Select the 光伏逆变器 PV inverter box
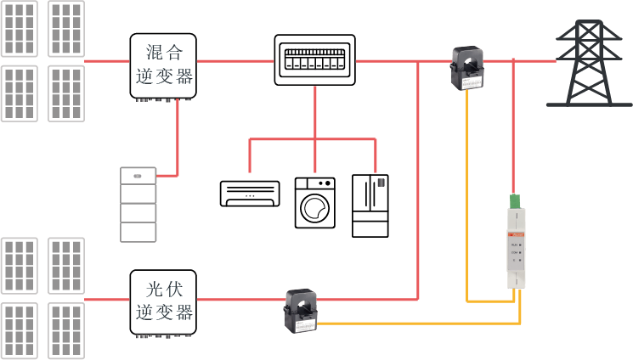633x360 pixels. pos(163,302)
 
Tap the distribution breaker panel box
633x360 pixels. pos(314,59)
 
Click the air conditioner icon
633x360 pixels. pos(250,193)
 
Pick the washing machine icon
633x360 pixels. pos(314,202)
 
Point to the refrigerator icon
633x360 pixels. pos(370,205)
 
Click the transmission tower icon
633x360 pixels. pos(589,64)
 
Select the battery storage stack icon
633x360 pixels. pos(138,205)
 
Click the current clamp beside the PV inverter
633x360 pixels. pos(301,311)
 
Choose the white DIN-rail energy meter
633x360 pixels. pos(515,246)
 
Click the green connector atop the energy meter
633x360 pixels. pos(514,201)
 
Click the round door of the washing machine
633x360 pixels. pos(314,208)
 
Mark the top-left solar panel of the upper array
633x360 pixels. pos(19,28)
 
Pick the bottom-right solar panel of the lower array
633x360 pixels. pos(66,330)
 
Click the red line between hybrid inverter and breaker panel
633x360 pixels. pos(235,60)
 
